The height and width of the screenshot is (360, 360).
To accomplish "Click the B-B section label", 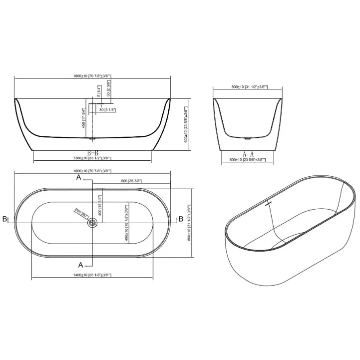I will click(x=92, y=152).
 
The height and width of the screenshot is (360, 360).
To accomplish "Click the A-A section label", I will click(x=248, y=154).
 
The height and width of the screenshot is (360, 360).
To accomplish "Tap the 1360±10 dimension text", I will click(x=93, y=158).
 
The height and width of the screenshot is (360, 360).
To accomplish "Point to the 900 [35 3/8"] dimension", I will click(x=131, y=182).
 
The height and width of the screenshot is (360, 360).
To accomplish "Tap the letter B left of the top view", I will click(x=4, y=219).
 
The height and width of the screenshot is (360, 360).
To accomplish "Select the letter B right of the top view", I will click(x=180, y=219).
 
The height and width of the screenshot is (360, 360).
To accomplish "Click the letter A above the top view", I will click(x=79, y=178).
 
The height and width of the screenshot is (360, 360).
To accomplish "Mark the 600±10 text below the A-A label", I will click(x=248, y=160).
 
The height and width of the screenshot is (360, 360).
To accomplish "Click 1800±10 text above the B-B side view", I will click(x=92, y=76).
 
